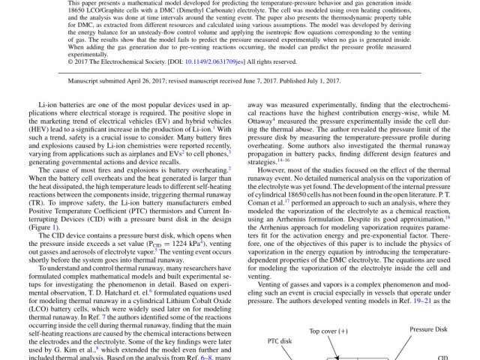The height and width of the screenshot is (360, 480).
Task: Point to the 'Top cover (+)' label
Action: pos(329,330)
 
